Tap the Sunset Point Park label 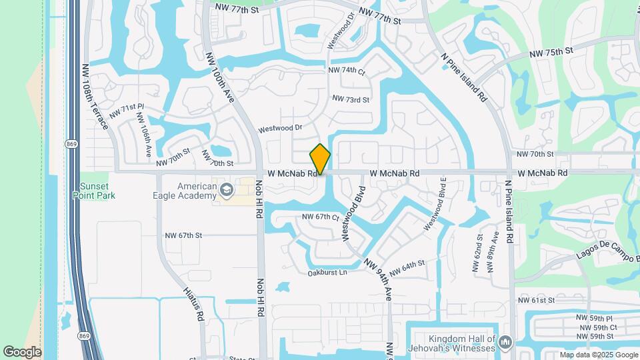coord(94,191)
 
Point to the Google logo coord(22,352)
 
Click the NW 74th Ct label coord(346,71)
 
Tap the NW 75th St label coord(551,52)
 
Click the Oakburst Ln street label coord(327,273)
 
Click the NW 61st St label coord(536,301)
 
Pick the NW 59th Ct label coord(598,327)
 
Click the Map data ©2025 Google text coord(599,355)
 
